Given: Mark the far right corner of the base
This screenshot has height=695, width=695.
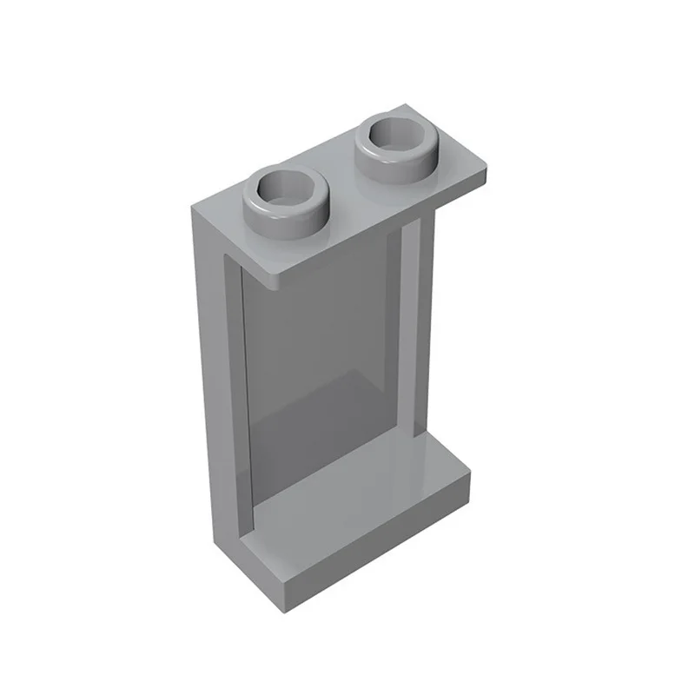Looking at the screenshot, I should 469,473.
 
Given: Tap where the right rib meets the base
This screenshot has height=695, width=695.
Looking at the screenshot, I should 419,434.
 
